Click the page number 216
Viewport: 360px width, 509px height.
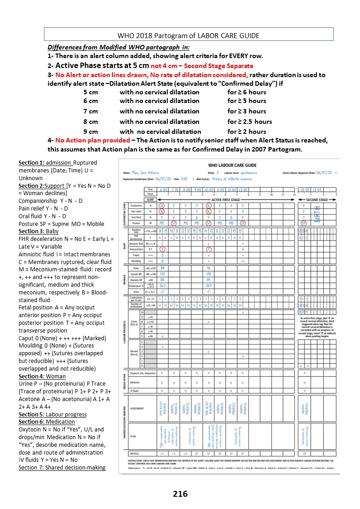[180, 494]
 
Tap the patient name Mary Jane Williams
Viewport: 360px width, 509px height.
[146, 173]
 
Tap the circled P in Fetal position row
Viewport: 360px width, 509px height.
[162, 249]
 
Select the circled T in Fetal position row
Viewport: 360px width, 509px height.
[208, 249]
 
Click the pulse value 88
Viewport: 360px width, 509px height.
[162, 268]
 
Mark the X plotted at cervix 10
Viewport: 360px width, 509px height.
[243, 313]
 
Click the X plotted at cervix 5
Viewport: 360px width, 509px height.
[162, 336]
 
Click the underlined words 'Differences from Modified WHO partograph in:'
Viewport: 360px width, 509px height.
[118, 48]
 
